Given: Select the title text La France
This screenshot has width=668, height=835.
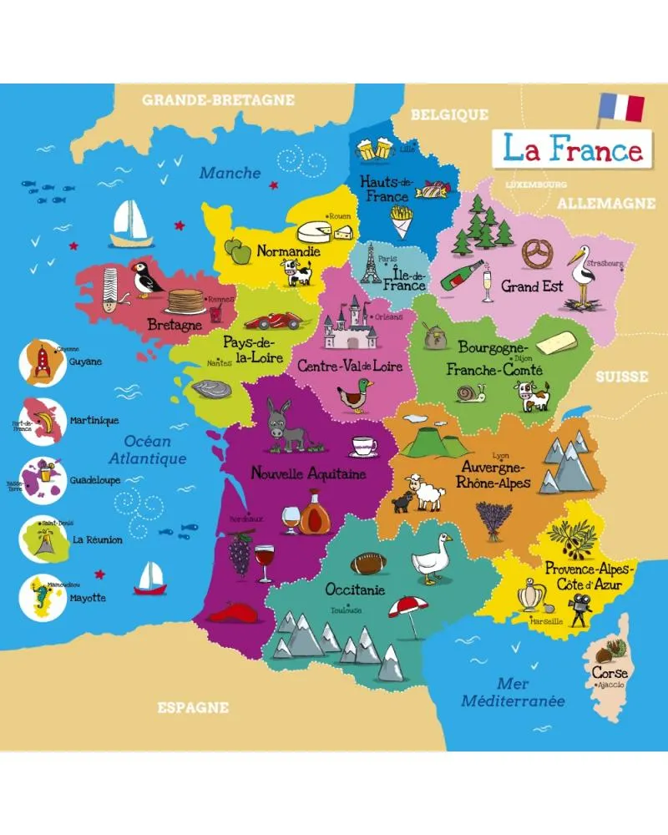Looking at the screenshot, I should click(x=572, y=149).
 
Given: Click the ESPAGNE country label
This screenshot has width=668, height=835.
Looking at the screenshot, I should click(x=193, y=707).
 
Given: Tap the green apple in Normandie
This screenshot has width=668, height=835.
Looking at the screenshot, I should click(x=238, y=250).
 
